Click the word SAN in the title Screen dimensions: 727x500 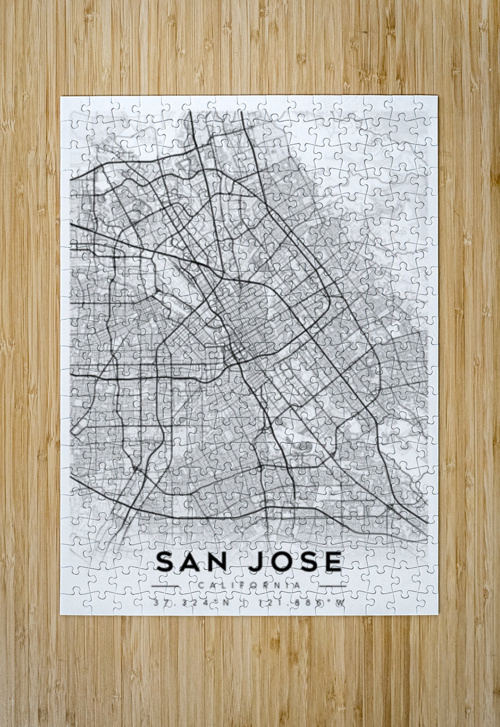pyautogui.click(x=193, y=561)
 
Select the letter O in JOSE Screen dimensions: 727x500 pyautogui.click(x=279, y=561)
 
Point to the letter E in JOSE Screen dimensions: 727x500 pyautogui.click(x=334, y=561)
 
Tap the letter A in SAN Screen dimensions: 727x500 pyautogui.click(x=192, y=561)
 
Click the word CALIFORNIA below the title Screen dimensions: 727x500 pyautogui.click(x=249, y=585)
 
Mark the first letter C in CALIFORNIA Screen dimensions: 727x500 pyautogui.click(x=201, y=585)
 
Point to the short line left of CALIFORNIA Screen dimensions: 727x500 pyautogui.click(x=165, y=585)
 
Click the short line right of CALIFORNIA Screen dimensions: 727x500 pyautogui.click(x=333, y=585)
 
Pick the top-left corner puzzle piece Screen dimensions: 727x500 pyautogui.click(x=72, y=107)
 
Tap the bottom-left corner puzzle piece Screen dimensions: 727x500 pyautogui.click(x=72, y=603)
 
